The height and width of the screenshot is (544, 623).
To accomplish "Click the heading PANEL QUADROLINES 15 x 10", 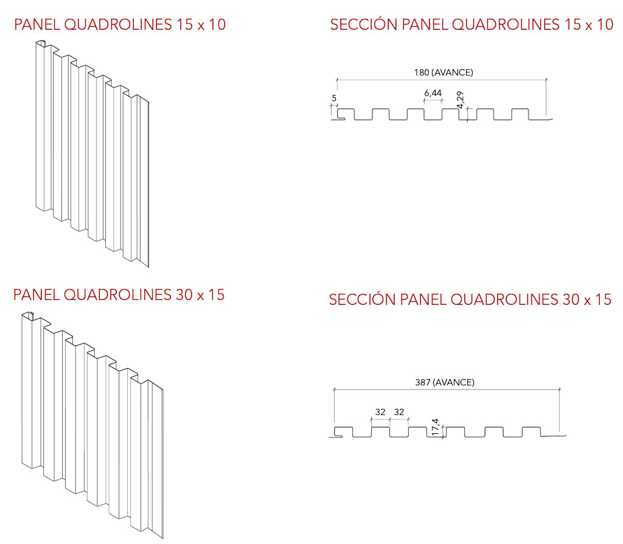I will point(119,25).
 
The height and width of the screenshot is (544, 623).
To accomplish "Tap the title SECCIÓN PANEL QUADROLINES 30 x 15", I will point(470,299).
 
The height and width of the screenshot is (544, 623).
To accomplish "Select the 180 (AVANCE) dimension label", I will point(444,72).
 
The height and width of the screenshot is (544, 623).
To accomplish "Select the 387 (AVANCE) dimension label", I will point(445,382).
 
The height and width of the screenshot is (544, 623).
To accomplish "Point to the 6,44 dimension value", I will point(433,93).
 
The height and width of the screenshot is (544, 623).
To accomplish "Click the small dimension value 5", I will point(334,97).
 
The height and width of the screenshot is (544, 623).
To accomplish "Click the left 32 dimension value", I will point(380,412).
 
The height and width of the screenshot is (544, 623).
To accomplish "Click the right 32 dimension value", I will point(399,412).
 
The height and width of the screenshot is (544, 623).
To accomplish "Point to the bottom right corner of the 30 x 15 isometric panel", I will point(163,538).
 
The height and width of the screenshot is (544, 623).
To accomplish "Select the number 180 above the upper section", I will point(422,72).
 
